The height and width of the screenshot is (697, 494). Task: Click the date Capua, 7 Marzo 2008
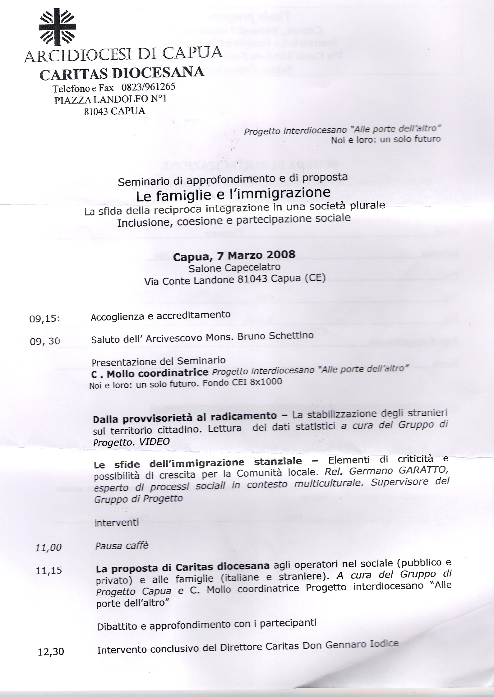click(x=234, y=256)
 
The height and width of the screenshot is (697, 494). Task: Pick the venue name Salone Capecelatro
click(x=234, y=268)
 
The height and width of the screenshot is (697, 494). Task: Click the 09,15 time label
click(x=44, y=319)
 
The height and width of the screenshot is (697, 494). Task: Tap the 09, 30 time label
click(x=44, y=341)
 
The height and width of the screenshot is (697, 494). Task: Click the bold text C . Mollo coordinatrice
click(x=152, y=373)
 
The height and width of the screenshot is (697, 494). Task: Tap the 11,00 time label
click(x=48, y=547)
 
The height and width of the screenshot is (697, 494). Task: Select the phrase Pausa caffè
click(x=122, y=546)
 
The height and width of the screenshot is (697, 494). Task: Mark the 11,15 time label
click(x=49, y=571)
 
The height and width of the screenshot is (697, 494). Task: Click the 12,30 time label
click(x=51, y=652)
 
